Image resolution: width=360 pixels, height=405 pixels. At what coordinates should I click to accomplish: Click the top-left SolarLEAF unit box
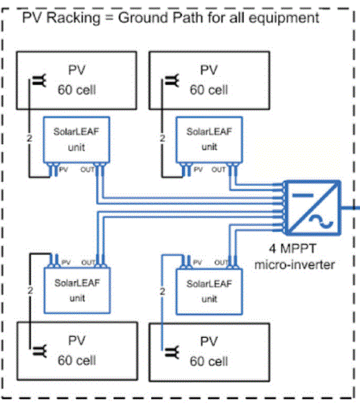tap(71, 139)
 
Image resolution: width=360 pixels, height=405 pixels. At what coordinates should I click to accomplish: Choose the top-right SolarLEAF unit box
tap(204, 139)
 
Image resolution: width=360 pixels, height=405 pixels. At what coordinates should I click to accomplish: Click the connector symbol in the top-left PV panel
tap(37, 81)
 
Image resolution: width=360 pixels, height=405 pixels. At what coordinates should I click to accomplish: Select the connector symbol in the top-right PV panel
tap(172, 81)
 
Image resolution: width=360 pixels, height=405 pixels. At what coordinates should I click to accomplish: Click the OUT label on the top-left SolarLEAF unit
tap(87, 170)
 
